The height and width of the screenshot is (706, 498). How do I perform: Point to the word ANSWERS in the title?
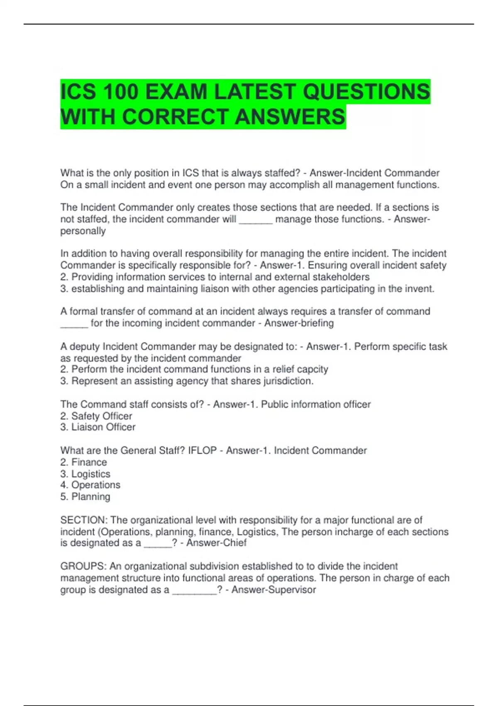click(290, 117)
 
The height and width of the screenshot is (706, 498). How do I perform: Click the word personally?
click(83, 231)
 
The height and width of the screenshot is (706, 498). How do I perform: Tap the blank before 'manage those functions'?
click(256, 219)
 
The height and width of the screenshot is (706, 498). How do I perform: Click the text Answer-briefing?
click(299, 323)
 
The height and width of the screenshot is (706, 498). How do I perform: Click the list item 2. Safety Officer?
click(96, 416)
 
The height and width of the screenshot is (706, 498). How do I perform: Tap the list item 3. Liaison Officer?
click(98, 427)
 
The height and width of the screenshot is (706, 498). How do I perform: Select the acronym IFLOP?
click(202, 451)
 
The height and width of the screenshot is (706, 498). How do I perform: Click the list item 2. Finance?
click(83, 462)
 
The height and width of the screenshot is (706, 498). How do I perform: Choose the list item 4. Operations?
click(90, 485)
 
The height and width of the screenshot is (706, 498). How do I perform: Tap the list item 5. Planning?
click(85, 497)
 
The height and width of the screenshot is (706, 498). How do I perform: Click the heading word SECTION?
click(84, 520)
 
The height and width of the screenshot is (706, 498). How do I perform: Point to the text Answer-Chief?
click(216, 543)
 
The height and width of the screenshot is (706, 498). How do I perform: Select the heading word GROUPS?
click(83, 566)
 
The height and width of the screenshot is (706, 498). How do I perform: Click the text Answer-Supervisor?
click(273, 590)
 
